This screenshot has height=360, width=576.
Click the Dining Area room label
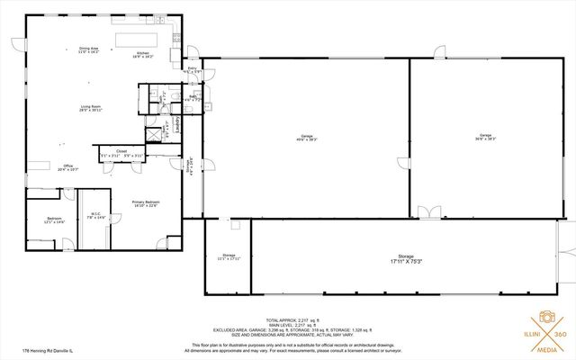tap(89, 48)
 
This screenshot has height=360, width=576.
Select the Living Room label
tap(90, 108)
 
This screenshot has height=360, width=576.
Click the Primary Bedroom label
tap(145, 203)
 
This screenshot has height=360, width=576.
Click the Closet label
tap(121, 151)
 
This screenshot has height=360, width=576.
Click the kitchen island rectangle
tap(137, 38)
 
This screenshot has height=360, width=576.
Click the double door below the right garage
tap(429, 212)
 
